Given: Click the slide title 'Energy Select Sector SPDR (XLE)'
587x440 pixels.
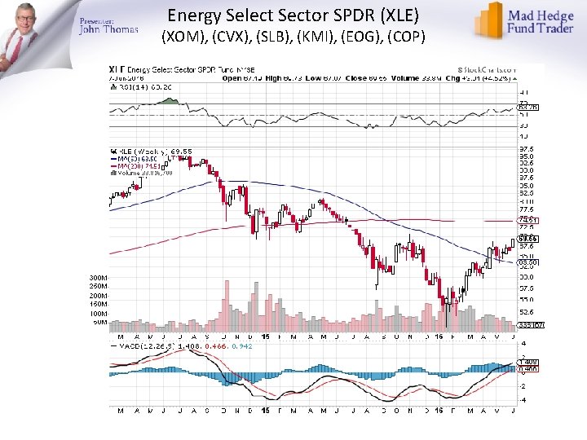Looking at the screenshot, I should (293, 15).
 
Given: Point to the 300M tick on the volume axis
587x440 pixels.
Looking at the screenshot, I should (98, 278).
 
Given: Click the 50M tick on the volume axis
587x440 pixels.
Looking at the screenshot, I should (98, 322).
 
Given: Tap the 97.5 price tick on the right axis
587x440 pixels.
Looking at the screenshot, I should (527, 150).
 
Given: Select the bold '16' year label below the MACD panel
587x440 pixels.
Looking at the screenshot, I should (439, 409).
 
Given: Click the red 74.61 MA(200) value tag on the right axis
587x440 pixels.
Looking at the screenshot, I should (527, 220).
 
